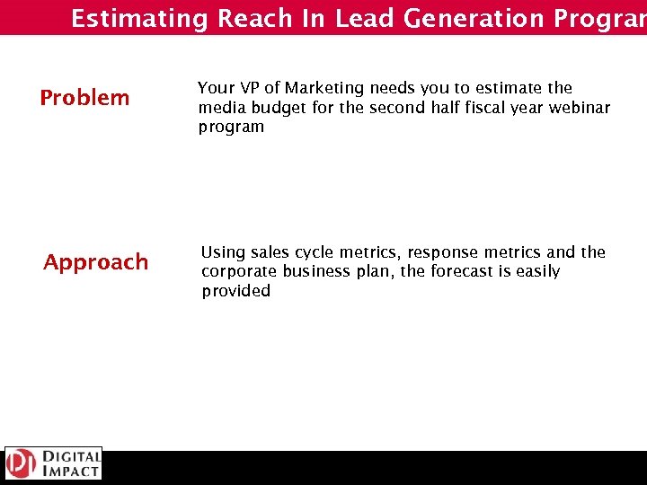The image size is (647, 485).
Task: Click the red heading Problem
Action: click(x=84, y=97)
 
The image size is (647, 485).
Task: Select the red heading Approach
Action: click(x=96, y=262)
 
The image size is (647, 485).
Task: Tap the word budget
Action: click(x=271, y=108)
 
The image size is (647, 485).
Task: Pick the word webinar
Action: click(x=580, y=108)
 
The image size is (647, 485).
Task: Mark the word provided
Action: click(x=235, y=291)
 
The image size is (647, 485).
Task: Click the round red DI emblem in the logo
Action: click(x=20, y=463)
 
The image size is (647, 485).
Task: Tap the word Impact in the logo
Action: click(x=69, y=471)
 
